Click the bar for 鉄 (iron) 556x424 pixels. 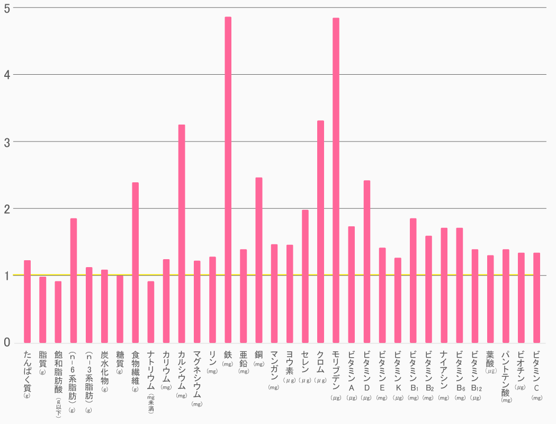point(228,180)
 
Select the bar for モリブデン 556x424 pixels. point(336,181)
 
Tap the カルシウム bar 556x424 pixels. point(182,234)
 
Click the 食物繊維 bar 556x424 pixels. point(136,263)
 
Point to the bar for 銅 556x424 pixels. point(259,260)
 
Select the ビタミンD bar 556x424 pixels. point(367,262)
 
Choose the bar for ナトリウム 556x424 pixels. point(151,312)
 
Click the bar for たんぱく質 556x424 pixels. point(28,302)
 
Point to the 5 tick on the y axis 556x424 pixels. point(7,8)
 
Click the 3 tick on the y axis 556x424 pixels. point(7,142)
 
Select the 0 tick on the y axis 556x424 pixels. point(7,343)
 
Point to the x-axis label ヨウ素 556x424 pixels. point(290,364)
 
